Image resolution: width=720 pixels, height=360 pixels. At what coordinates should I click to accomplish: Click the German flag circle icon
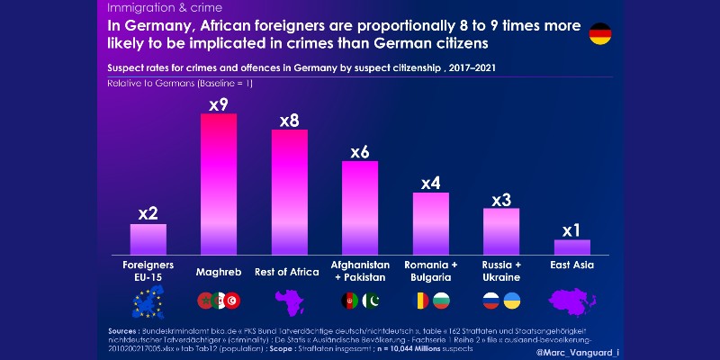click(x=601, y=35)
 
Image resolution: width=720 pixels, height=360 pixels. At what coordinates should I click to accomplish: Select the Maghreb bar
click(x=219, y=184)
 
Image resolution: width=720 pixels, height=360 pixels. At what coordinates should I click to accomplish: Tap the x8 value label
click(x=290, y=120)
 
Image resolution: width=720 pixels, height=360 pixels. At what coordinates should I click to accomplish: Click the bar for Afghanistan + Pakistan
click(x=360, y=209)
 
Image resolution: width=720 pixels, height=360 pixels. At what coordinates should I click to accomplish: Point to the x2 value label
click(x=148, y=213)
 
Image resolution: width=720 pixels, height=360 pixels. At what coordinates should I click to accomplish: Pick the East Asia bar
click(x=571, y=247)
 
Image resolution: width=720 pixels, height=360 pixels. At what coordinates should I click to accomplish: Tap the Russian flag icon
click(x=491, y=301)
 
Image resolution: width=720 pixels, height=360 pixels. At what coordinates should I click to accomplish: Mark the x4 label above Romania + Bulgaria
click(x=430, y=184)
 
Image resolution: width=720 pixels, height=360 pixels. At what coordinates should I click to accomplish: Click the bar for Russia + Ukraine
click(x=501, y=231)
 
